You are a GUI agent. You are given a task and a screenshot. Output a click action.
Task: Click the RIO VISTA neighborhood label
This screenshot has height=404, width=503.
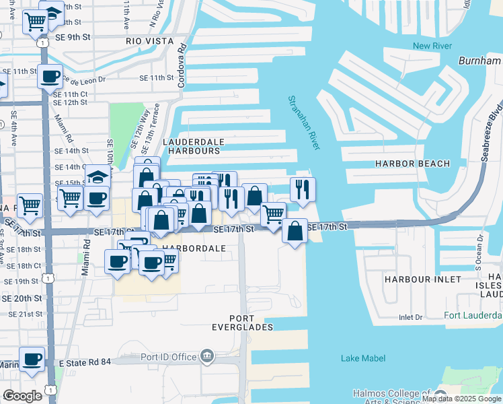click(151, 41)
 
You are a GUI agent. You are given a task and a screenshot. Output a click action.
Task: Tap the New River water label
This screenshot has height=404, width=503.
click(431, 46)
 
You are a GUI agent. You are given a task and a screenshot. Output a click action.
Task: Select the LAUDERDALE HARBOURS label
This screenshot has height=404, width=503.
click(192, 146)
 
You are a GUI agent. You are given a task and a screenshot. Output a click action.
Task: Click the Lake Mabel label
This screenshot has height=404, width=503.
click(362, 358)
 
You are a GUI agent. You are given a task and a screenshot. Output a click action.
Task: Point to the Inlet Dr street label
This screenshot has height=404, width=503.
click(410, 317)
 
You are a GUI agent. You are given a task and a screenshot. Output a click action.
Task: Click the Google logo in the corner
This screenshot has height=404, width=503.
click(22, 396)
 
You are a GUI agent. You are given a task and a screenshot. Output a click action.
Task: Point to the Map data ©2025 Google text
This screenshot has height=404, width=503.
click(462, 399)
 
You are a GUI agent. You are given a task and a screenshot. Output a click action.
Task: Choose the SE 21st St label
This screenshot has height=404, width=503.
click(26, 314)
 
